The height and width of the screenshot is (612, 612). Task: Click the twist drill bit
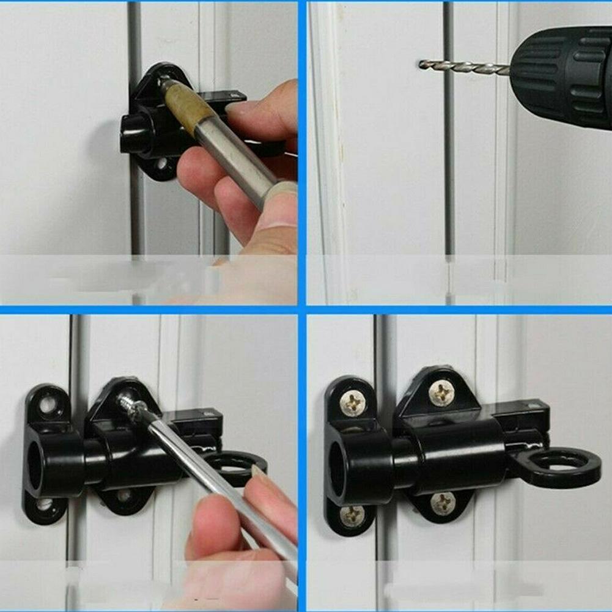tap(465, 67)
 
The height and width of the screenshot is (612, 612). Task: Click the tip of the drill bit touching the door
tap(422, 63)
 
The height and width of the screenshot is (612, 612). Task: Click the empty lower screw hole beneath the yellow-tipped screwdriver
tap(161, 164)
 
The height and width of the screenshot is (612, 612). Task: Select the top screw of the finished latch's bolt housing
tap(441, 391)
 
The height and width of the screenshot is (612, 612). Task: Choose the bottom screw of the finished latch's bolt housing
tap(443, 503)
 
